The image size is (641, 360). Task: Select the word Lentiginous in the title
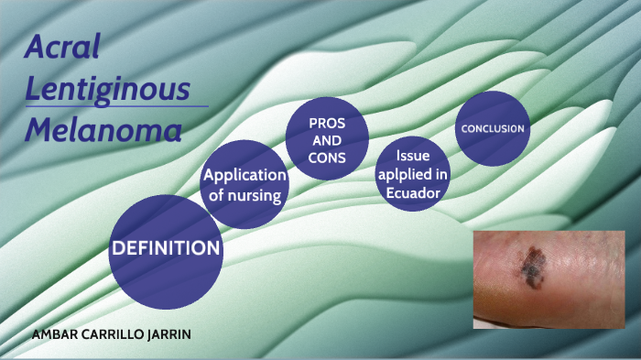pos(108,88)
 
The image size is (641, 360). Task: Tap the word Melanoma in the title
pos(103,131)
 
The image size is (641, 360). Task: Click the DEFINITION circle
pos(165,250)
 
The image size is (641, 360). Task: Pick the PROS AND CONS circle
pos(327,138)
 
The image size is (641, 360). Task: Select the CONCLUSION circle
pos(493,129)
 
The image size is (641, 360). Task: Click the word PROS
pos(327,123)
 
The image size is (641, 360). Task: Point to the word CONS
pos(327,157)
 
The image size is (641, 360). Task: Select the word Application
pos(244,175)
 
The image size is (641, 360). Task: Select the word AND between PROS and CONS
pos(327,140)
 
